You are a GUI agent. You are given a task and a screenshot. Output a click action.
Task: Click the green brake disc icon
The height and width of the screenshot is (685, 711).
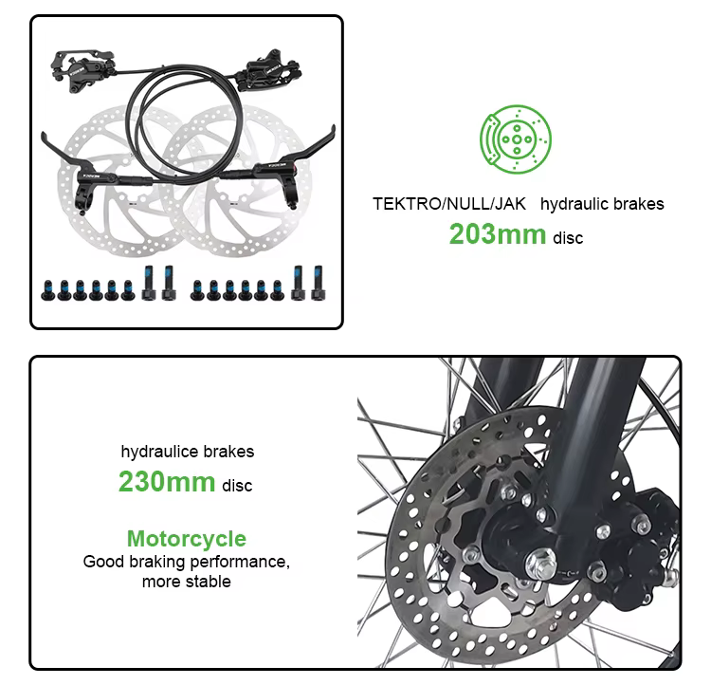click(x=516, y=140)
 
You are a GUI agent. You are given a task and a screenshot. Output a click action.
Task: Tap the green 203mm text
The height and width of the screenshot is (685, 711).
click(x=497, y=233)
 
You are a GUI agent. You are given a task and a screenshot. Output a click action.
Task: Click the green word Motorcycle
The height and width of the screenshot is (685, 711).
click(x=187, y=539)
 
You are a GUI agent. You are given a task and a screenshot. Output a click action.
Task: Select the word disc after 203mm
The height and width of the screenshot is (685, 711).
click(x=568, y=237)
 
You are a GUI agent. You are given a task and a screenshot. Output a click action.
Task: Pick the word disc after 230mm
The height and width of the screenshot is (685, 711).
click(x=237, y=486)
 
